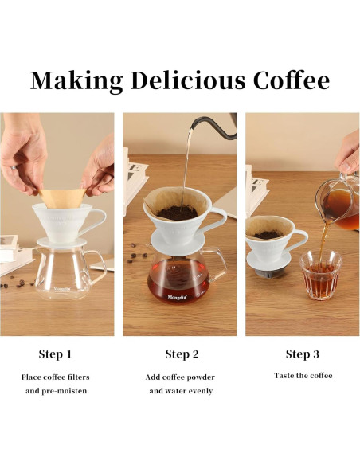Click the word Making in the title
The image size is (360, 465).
pos(76,80)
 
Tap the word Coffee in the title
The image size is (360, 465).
pos(292,80)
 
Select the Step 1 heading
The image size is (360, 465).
pos(55,354)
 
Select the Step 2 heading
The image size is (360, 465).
pos(182,354)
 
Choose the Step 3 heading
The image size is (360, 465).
pos(303,354)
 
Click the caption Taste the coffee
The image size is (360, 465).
pos(303,375)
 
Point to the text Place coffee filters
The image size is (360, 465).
pos(55,377)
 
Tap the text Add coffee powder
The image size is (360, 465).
pos(180,377)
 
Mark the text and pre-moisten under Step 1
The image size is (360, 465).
pos(55,391)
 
